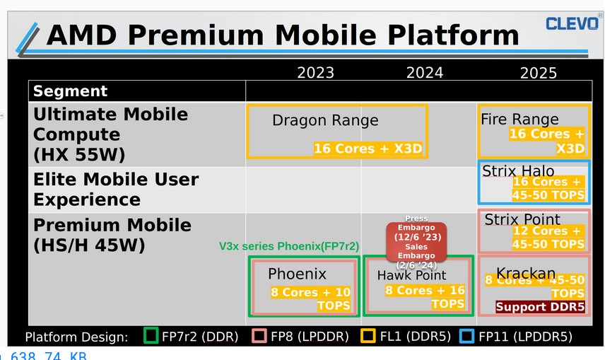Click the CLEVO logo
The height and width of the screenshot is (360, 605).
coord(572,23)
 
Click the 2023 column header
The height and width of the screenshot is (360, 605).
coord(315,72)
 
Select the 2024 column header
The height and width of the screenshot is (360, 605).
coord(425,72)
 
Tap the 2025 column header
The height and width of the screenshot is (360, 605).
coord(538,72)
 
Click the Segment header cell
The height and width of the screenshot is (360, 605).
coord(71,91)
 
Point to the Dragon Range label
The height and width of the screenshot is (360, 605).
coord(325,120)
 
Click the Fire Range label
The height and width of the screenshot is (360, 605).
coord(519,119)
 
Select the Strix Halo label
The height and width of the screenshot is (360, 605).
coord(518,170)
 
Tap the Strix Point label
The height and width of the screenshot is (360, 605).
coord(522,219)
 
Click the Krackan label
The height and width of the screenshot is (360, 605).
coord(525,273)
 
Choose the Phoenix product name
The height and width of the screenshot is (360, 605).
coord(297,274)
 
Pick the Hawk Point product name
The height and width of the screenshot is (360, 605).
coord(411,274)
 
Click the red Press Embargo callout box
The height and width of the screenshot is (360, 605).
coord(416,242)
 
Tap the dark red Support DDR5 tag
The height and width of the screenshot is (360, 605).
coord(540,307)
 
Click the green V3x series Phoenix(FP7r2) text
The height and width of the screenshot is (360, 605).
coord(289,246)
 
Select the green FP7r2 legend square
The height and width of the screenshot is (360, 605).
coord(151,336)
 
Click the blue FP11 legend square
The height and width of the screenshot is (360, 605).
coord(466,336)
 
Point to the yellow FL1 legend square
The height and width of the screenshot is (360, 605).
coord(368,336)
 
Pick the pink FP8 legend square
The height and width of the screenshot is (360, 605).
coord(259,336)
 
